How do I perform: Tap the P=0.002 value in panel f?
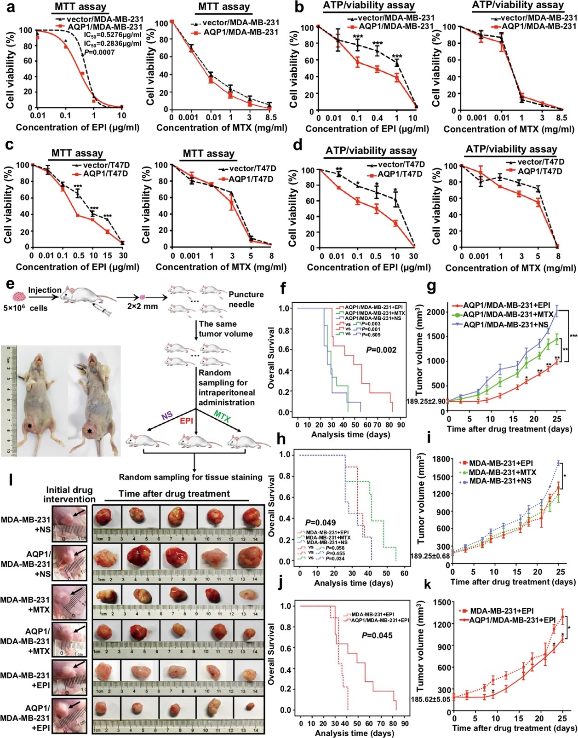click(381, 350)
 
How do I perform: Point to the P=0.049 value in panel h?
click(320, 523)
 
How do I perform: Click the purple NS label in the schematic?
click(167, 415)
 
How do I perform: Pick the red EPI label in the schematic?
click(187, 421)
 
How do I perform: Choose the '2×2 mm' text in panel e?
click(143, 306)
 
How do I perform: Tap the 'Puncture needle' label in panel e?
click(246, 299)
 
